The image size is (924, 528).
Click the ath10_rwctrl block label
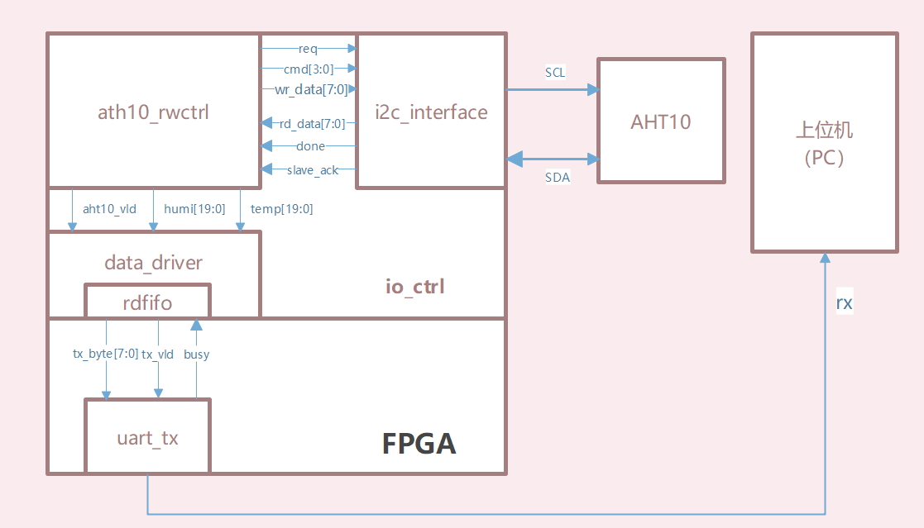[x=154, y=112]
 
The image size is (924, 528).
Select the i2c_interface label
[x=431, y=112]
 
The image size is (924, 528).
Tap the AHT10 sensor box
[x=661, y=121]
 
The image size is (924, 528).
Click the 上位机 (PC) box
[x=824, y=142]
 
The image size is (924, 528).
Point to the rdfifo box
[x=147, y=302]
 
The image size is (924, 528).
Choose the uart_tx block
[x=147, y=437]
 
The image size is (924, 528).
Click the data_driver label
[x=154, y=263]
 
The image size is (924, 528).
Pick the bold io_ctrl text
[x=415, y=287]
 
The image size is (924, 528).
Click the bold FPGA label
[x=419, y=444]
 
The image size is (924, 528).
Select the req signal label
[x=308, y=49]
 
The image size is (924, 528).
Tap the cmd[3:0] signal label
[x=307, y=69]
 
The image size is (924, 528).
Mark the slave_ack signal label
[x=312, y=170]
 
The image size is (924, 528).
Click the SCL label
[x=555, y=73]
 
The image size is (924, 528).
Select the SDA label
[x=558, y=178]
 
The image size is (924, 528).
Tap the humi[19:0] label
[x=194, y=209]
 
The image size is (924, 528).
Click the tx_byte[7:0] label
[x=106, y=354]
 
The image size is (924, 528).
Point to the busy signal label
[x=197, y=354]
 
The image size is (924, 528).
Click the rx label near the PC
[x=844, y=303]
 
